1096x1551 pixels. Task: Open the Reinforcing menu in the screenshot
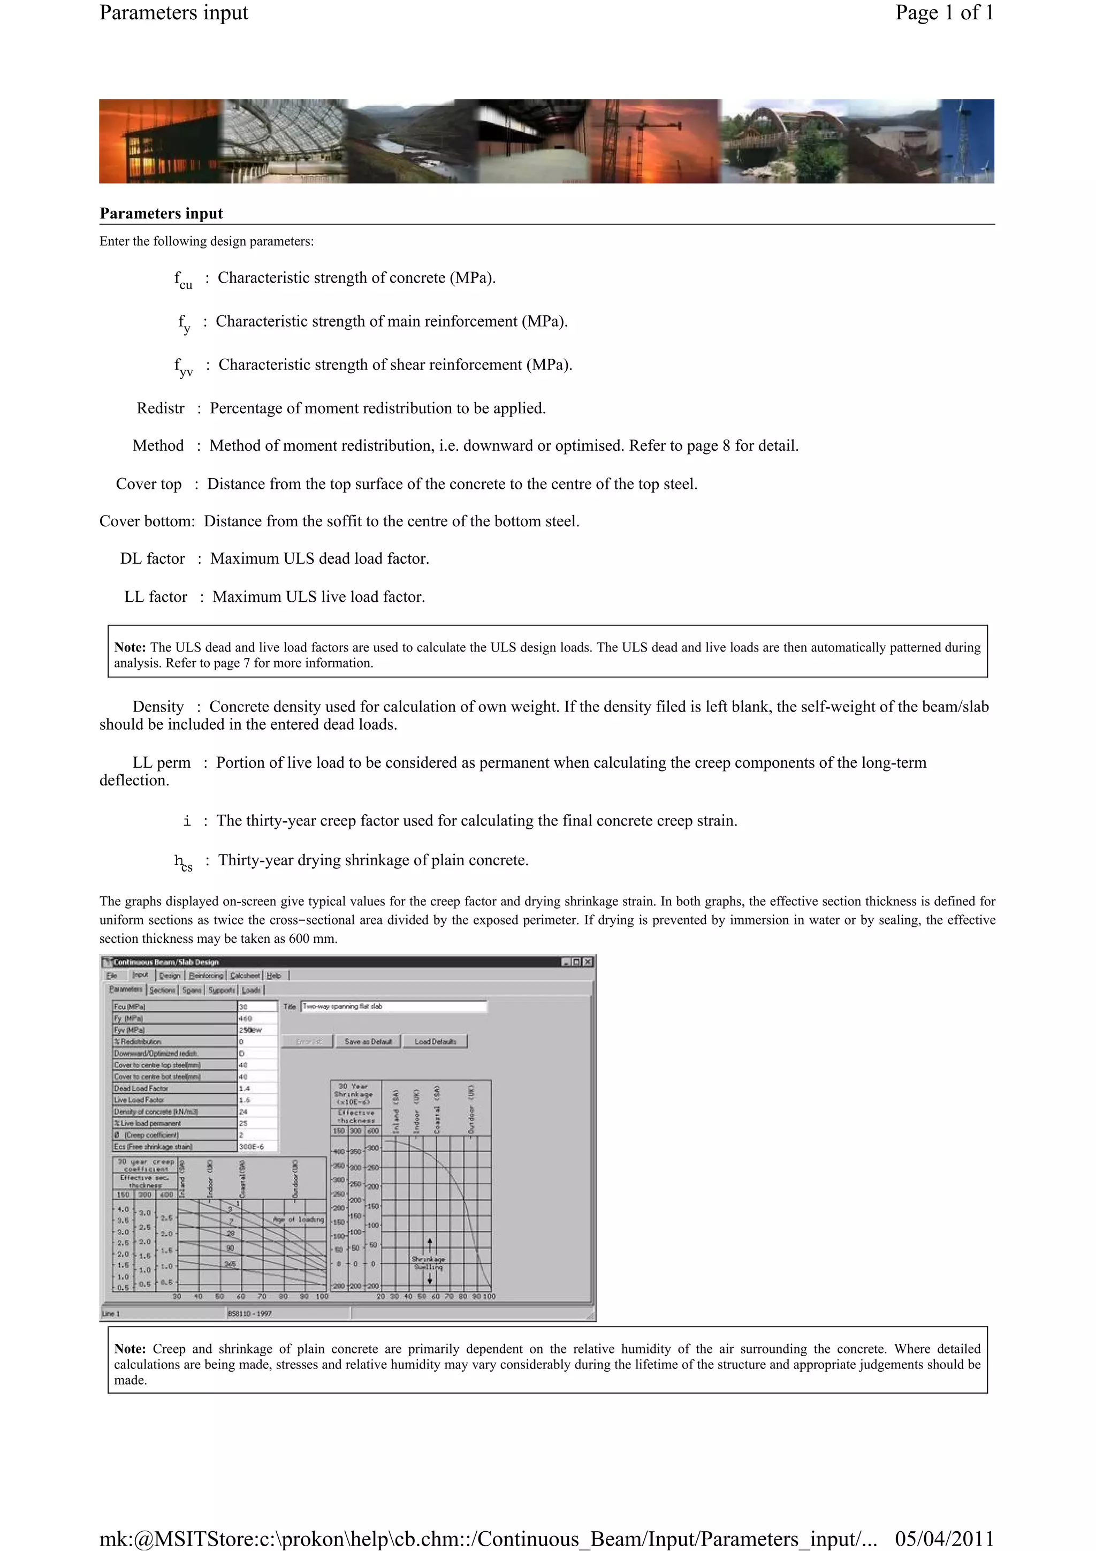pyautogui.click(x=206, y=975)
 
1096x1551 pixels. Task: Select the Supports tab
pyautogui.click(x=222, y=990)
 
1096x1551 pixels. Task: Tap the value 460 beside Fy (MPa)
pyautogui.click(x=257, y=1018)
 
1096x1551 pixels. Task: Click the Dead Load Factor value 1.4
pyautogui.click(x=257, y=1088)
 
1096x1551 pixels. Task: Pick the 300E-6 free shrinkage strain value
pyautogui.click(x=257, y=1146)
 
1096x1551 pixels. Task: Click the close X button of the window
pyautogui.click(x=588, y=962)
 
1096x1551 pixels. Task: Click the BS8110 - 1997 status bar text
pyautogui.click(x=250, y=1313)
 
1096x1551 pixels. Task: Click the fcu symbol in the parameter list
pyautogui.click(x=183, y=279)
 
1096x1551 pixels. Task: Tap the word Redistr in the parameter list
pyautogui.click(x=160, y=408)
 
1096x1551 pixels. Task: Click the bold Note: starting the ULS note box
pyautogui.click(x=130, y=648)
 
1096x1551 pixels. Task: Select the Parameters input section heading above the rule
pyautogui.click(x=162, y=214)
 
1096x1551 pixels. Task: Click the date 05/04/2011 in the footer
pyautogui.click(x=944, y=1538)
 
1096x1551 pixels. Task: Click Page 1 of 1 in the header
pyautogui.click(x=944, y=13)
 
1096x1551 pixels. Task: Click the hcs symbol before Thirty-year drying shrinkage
pyautogui.click(x=183, y=862)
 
